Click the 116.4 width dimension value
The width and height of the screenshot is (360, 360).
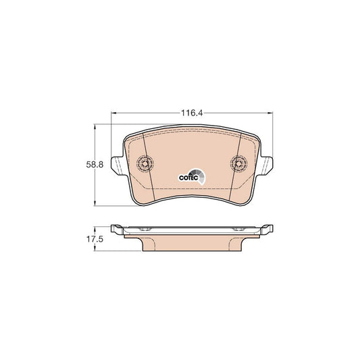[192, 113]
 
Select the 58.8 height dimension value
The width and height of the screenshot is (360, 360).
[95, 165]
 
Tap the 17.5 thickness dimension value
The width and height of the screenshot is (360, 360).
[95, 239]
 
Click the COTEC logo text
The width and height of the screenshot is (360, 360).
[188, 178]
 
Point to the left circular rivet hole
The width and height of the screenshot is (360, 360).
[145, 163]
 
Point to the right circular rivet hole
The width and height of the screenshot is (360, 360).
[239, 163]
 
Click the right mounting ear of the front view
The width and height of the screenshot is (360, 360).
[265, 165]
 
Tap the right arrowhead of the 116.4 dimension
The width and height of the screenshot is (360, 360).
[270, 113]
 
